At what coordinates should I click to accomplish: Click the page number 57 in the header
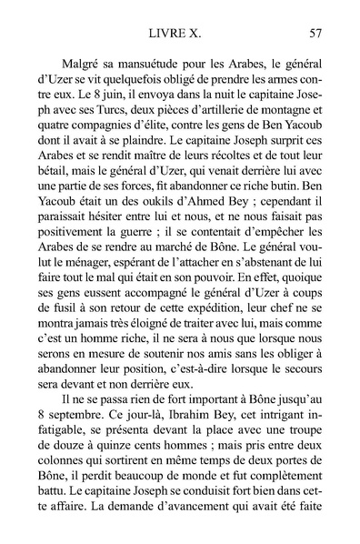coord(315,35)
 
